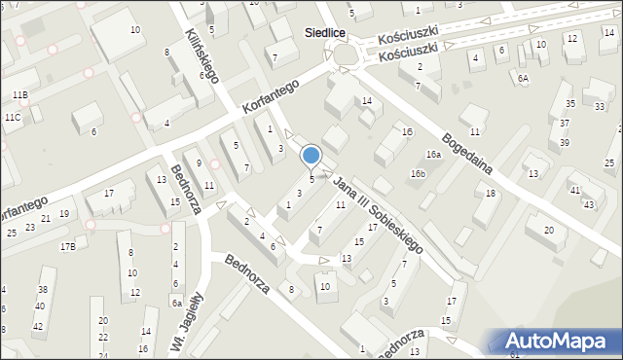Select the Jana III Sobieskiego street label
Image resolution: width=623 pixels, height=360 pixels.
378,215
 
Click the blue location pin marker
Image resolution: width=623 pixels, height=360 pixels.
311,156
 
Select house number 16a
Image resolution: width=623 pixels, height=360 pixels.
432,154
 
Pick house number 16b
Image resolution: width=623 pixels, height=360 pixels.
418,173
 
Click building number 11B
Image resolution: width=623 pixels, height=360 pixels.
20,94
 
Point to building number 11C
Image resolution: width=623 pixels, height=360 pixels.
13,117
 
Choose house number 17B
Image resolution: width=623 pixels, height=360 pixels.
67,246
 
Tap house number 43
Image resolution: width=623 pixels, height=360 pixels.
588,204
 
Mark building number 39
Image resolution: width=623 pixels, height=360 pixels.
565,142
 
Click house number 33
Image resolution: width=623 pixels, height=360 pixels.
599,105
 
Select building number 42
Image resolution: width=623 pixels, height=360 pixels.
38,326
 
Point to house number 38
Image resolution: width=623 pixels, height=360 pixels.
42,290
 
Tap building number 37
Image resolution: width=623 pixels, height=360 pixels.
565,124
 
